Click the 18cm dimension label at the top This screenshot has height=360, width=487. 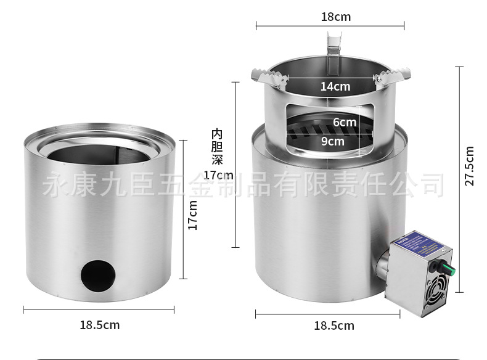tap(335, 17)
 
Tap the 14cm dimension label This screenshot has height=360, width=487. tap(335, 87)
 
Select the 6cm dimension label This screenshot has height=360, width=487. tap(345, 122)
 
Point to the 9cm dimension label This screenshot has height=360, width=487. tap(333, 141)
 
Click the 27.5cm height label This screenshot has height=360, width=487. tap(470, 166)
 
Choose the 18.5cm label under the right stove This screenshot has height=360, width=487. tap(334, 325)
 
